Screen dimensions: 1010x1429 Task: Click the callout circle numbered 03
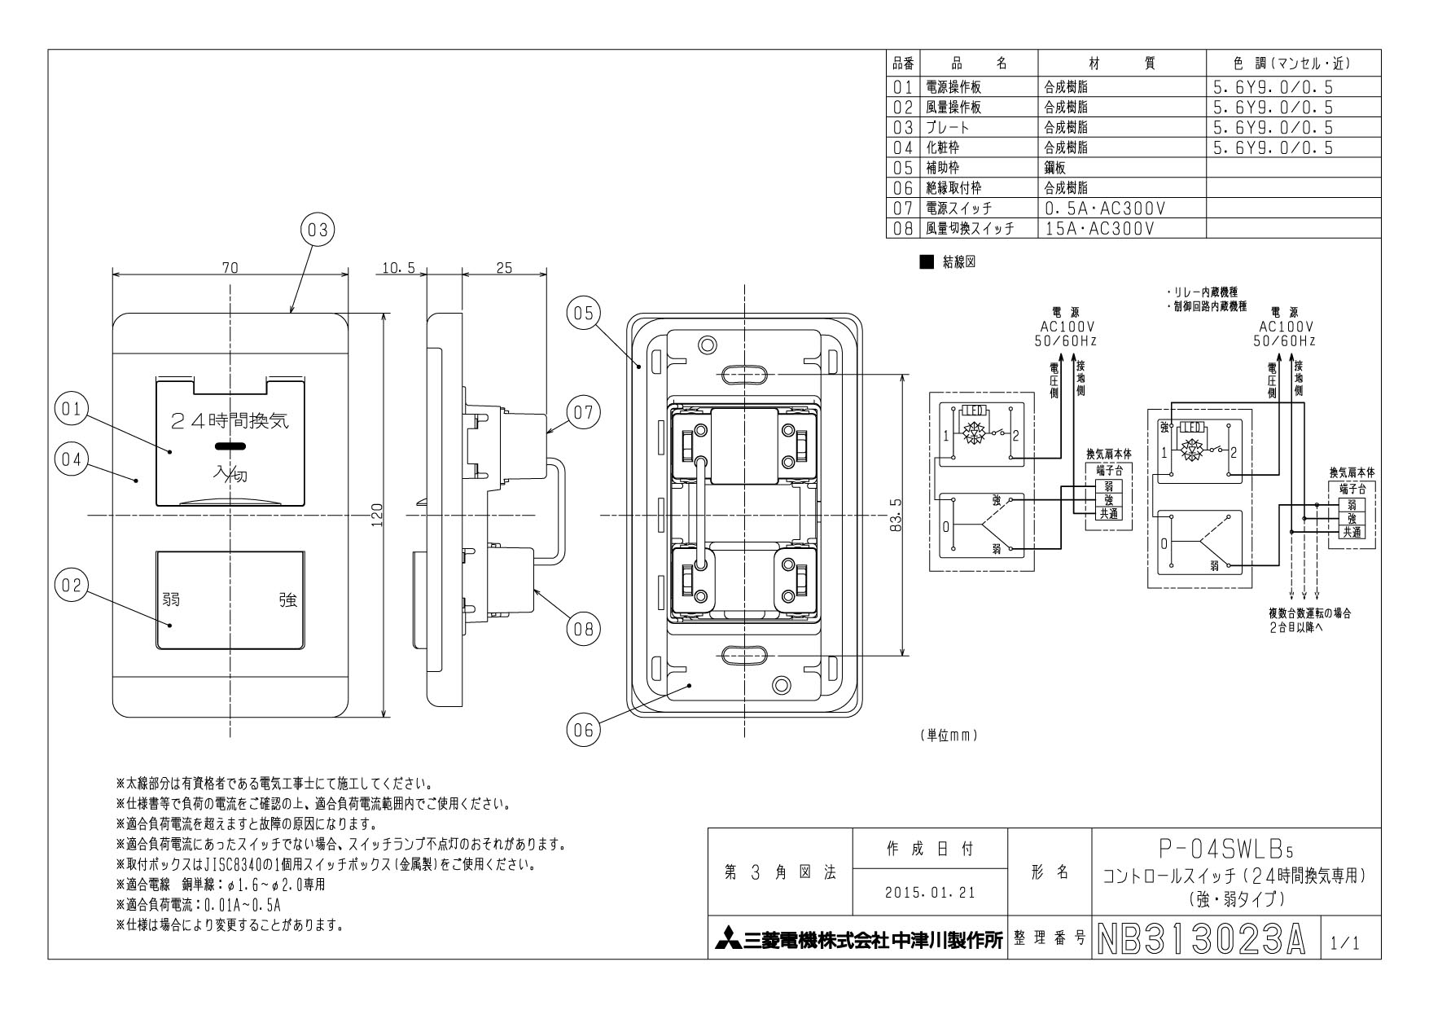(318, 231)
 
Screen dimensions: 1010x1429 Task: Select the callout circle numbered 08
(583, 628)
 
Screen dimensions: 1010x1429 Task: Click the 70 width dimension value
(230, 267)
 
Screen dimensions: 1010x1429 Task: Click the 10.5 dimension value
(398, 267)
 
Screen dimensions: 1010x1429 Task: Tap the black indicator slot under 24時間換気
(230, 446)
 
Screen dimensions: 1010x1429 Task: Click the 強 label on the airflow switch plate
(288, 600)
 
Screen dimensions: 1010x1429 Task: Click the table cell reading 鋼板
(1055, 168)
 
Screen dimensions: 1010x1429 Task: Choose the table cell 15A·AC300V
(1099, 229)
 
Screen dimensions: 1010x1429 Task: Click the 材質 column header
(1120, 64)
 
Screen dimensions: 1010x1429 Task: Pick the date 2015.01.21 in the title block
(929, 892)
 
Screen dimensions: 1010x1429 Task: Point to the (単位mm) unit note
(948, 735)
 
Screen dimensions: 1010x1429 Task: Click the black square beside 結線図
(924, 262)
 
